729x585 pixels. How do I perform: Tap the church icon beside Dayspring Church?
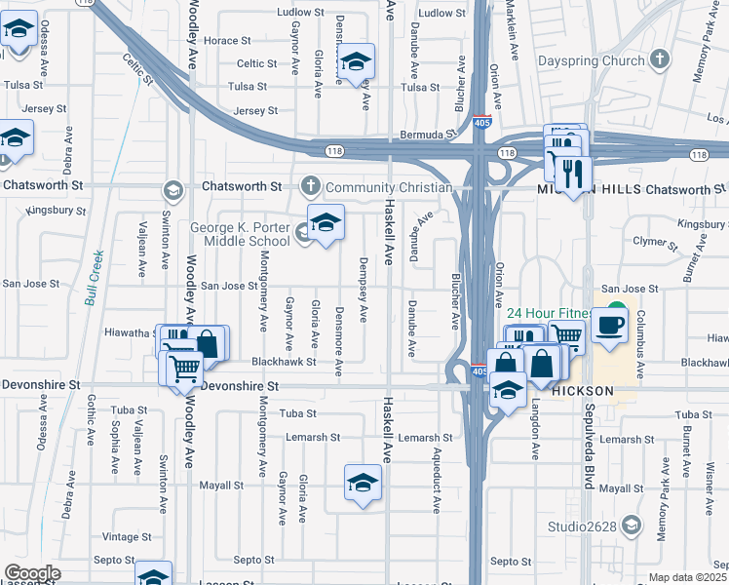[x=661, y=59]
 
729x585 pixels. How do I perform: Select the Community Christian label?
[x=389, y=186]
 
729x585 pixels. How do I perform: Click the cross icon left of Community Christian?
[x=310, y=185]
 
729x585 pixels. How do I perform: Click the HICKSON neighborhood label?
[x=582, y=390]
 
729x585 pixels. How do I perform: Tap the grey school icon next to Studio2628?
[x=631, y=526]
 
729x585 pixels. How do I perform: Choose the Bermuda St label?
[x=428, y=134]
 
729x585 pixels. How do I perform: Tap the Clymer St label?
[x=652, y=240]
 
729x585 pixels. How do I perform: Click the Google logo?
[x=32, y=573]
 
